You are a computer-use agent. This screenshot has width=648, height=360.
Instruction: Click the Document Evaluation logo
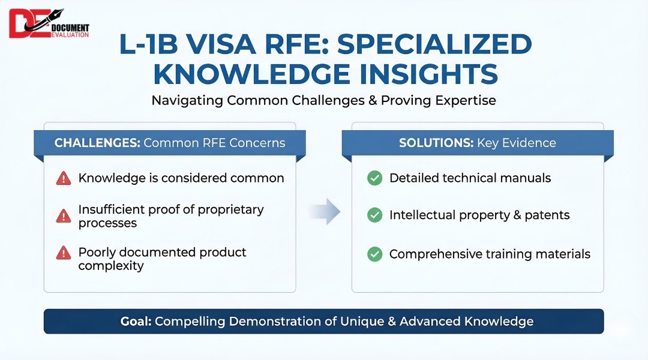pyautogui.click(x=49, y=24)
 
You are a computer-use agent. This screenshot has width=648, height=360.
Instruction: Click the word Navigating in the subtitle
pyautogui.click(x=187, y=100)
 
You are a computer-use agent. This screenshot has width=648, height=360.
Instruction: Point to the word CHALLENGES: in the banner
pyautogui.click(x=97, y=143)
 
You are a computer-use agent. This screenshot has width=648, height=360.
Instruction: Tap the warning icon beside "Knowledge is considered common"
pyautogui.click(x=63, y=178)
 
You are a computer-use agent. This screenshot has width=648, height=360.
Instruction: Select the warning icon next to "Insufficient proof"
pyautogui.click(x=63, y=216)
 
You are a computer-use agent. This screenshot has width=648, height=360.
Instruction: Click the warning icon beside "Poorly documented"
pyautogui.click(x=63, y=253)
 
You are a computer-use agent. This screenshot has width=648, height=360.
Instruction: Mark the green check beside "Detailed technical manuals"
pyautogui.click(x=375, y=178)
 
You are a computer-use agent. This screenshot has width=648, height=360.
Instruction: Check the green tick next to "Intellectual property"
pyautogui.click(x=375, y=215)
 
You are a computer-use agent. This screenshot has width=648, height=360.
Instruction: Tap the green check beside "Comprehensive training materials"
pyautogui.click(x=375, y=254)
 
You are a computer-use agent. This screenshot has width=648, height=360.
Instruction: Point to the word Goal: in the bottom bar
pyautogui.click(x=135, y=321)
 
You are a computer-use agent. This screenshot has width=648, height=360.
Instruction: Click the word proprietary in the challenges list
pyautogui.click(x=231, y=210)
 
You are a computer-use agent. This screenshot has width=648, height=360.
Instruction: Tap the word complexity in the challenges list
pyautogui.click(x=111, y=265)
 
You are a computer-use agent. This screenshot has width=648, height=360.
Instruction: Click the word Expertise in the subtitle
pyautogui.click(x=466, y=100)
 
